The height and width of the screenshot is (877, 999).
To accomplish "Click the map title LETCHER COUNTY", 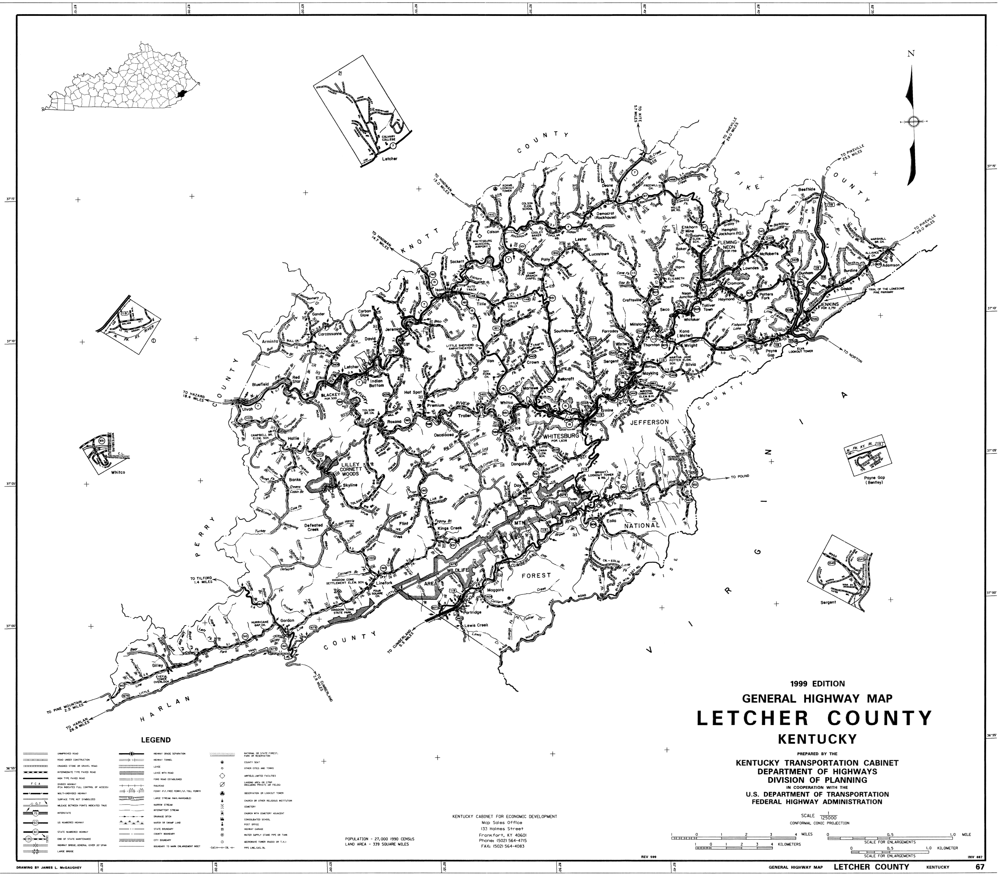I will (814, 718).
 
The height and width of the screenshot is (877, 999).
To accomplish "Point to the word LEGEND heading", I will (156, 740).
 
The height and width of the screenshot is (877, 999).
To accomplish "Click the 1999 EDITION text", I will (814, 684).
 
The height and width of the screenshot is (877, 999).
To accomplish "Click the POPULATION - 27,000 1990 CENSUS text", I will (379, 839).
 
